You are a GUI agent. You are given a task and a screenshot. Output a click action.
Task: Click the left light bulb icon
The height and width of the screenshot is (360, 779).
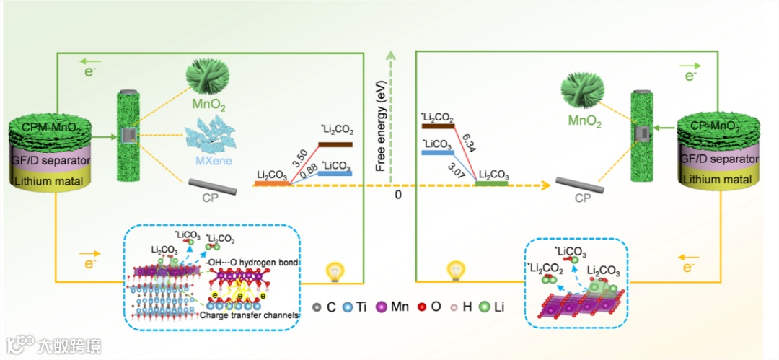333,271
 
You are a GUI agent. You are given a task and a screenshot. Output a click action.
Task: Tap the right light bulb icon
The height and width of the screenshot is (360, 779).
455,271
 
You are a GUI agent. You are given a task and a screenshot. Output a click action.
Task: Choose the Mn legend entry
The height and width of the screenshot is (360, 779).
392,307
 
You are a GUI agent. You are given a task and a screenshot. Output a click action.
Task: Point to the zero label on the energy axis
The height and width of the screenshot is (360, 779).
397,195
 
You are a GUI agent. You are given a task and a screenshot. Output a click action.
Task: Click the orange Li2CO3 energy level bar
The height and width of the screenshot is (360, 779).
270,184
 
